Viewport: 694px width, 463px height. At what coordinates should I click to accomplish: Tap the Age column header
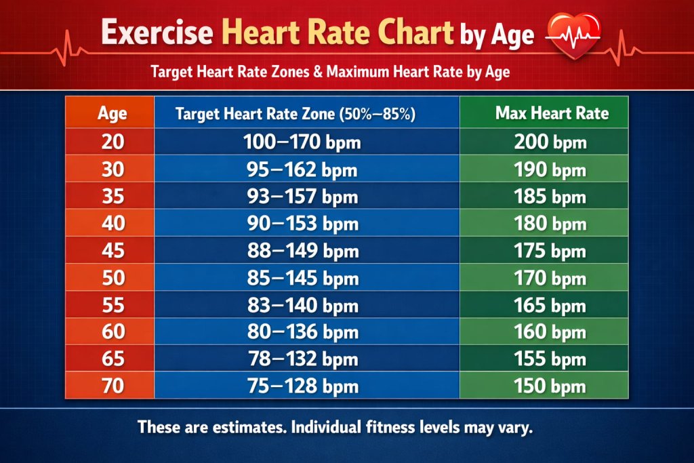point(112,113)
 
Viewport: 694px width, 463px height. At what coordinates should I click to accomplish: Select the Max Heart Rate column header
point(552,113)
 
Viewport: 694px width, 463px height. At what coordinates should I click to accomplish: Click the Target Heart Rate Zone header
point(295,114)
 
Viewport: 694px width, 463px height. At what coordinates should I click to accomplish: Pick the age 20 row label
point(112,142)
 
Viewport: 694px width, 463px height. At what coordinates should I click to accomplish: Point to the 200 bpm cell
point(550,142)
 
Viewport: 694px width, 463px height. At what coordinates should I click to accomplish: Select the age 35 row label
point(112,197)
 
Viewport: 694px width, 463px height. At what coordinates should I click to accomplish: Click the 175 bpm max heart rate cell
point(550,251)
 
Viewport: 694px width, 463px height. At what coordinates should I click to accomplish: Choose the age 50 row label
point(112,278)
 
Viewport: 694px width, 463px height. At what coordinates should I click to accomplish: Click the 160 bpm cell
point(550,332)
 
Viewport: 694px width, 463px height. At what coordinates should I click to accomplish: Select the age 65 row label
point(112,359)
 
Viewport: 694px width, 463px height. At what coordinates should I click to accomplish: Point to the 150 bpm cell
point(550,386)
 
